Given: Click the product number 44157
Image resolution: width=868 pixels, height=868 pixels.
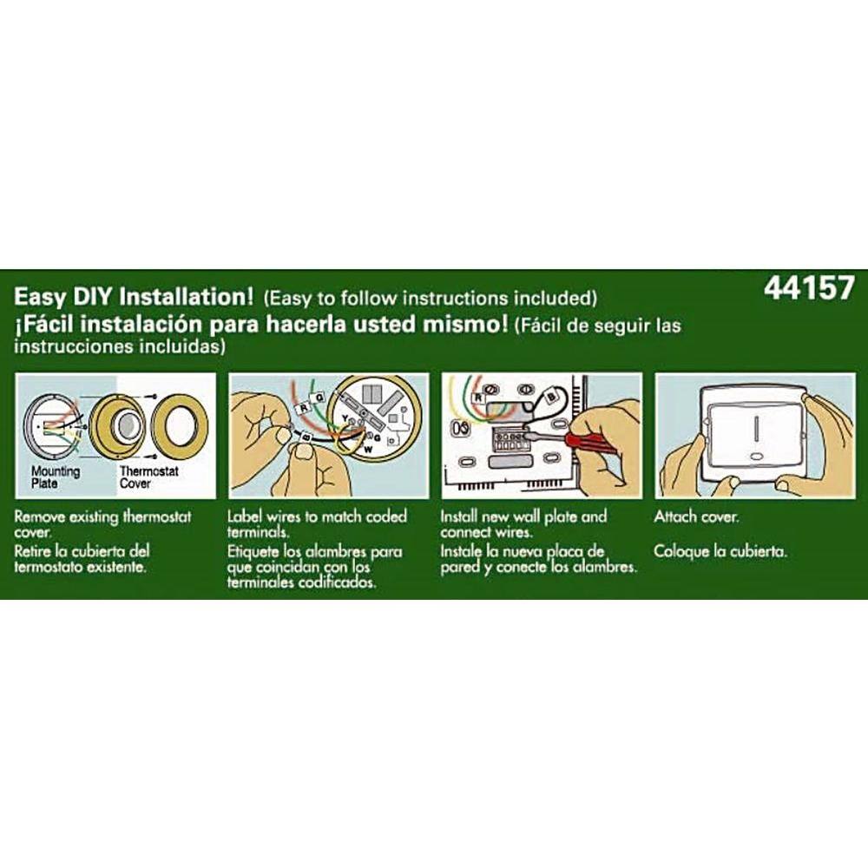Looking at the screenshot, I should pos(809,288).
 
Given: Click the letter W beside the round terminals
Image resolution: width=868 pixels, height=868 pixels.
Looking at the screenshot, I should pos(366,450).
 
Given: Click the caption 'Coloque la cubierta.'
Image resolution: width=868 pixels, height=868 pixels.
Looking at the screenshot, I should pos(720,551).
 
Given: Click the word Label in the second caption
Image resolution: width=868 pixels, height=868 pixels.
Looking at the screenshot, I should pos(244,517).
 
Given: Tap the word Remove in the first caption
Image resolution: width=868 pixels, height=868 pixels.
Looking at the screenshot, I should pos(40,517).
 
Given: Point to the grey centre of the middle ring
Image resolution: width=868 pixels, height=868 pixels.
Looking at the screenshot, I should pos(128,427).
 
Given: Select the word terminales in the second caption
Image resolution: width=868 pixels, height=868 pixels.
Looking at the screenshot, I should pos(260,583).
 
